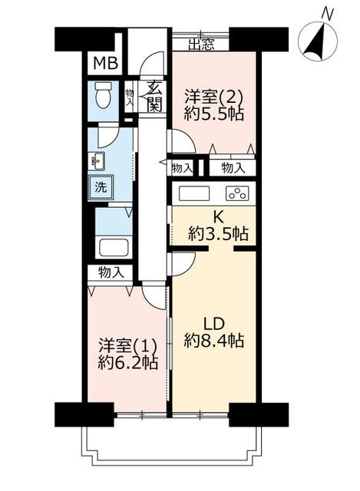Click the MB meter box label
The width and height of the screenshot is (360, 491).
(x=106, y=64)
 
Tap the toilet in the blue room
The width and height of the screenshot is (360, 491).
(x=103, y=95)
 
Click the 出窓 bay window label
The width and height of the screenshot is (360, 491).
(x=201, y=44)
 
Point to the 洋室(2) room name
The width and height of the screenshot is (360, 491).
(x=213, y=96)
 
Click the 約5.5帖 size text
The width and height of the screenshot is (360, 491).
(x=214, y=114)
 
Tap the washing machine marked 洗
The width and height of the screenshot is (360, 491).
(x=101, y=187)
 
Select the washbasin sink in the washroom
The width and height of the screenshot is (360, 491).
(x=97, y=161)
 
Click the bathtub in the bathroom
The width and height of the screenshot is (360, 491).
(x=114, y=247)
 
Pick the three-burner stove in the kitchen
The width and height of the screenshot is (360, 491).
(x=237, y=193)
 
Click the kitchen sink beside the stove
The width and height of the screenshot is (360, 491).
(x=193, y=193)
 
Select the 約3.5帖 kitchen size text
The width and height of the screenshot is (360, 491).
(x=219, y=233)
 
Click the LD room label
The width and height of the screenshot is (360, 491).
(x=214, y=324)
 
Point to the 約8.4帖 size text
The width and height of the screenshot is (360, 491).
(x=214, y=340)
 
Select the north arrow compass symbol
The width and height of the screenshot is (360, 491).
(x=318, y=41)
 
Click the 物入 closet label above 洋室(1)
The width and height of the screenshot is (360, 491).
(x=111, y=272)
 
